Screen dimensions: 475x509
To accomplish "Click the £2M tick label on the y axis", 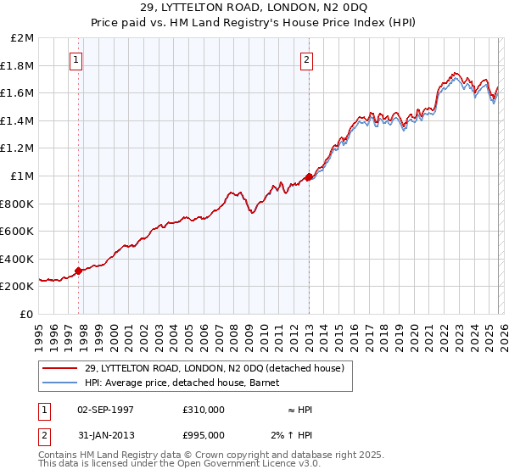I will point(23,38).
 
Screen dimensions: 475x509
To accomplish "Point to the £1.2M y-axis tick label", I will point(19,148).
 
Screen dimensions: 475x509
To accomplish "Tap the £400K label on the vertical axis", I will point(19,259).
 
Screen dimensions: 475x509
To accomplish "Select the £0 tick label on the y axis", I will point(27,314).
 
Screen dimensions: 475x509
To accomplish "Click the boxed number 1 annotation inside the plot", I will point(77,59).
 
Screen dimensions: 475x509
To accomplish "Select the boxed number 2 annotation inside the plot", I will point(306,59).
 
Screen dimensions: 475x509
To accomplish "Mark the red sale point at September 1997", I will point(79,271).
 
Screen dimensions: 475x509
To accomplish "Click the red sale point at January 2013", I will point(309,176).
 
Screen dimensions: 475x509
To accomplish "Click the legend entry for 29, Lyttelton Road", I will point(214,368).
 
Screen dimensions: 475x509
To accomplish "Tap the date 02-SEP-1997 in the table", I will point(105,409).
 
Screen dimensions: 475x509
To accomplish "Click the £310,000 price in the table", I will point(204,409).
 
